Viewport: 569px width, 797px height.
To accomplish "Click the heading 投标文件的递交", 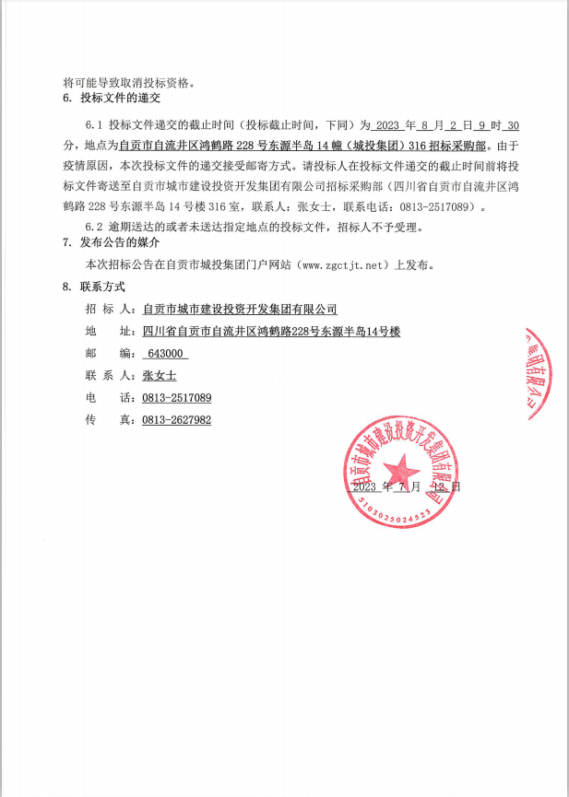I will (x=120, y=98).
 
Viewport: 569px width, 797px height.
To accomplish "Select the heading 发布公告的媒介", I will (x=120, y=242).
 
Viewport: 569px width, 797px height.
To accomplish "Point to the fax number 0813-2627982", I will (x=177, y=420).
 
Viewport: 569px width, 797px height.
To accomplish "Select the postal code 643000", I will (x=166, y=354).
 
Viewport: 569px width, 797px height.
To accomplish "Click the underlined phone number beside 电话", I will (x=177, y=398).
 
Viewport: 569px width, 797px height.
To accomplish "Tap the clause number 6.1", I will (x=94, y=124).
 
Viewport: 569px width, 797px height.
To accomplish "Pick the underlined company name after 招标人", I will (x=241, y=310).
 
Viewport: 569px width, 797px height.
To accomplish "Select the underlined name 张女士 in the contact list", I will (x=160, y=376).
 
